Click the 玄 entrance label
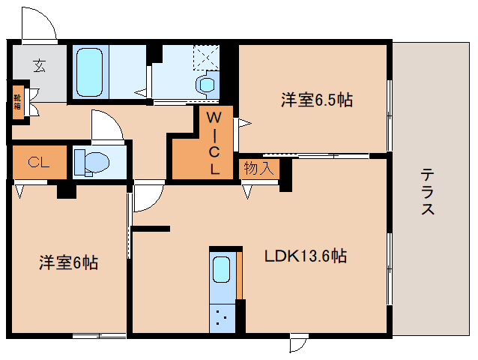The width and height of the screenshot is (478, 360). coord(38,65)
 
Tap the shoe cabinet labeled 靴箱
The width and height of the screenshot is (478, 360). coord(16,100)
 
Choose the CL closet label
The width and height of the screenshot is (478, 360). coord(39,162)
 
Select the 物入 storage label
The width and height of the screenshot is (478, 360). coord(258,169)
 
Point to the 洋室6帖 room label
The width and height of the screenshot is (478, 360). coord(68,262)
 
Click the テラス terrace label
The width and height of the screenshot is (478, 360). coord(428,191)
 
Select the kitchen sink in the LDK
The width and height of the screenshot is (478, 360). coord(222,268)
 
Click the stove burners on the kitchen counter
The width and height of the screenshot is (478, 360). coord(221,316)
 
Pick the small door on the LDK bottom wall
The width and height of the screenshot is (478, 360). coord(299,342)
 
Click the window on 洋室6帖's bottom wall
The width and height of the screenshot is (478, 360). coord(99,335)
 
